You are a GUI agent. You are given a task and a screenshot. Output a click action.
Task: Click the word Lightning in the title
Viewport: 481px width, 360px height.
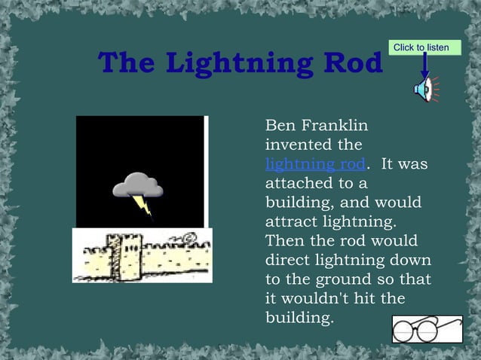point(239,65)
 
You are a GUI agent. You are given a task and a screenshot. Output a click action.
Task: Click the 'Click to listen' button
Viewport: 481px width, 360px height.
point(421,48)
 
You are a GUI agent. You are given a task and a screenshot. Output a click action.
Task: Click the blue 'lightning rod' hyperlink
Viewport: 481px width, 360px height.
point(315,163)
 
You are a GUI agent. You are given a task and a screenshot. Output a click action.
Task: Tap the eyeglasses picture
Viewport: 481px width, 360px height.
point(427,328)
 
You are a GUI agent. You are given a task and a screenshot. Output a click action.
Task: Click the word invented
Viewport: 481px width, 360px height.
point(295,144)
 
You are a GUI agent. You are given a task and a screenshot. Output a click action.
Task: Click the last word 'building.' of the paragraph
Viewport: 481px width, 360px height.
point(299,319)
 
